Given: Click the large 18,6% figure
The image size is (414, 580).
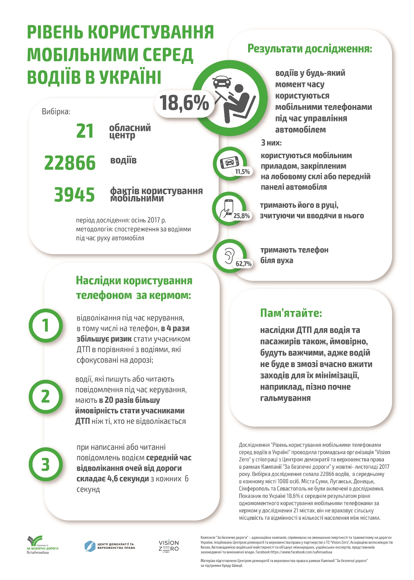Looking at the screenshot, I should pos(184,103).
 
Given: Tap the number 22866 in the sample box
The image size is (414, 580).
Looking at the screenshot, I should pos(70,163).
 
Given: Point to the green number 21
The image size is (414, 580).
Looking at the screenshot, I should pos(85,131).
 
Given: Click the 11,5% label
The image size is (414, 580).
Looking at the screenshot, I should pos(242,172).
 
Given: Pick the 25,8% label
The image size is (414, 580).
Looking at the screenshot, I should pos(241,216).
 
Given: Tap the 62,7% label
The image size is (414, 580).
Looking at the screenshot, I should pos(244,264).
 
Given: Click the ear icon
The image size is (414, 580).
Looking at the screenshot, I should pos(229,256).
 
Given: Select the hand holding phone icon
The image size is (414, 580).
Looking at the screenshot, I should pos(226,208).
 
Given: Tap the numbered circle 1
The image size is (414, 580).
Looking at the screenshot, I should pos(46,325).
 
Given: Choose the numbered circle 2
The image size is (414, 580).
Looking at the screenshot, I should pos(46,396).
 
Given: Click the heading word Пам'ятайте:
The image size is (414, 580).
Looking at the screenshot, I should pos(291,313).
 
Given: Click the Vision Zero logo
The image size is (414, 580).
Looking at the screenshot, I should pos(169,546).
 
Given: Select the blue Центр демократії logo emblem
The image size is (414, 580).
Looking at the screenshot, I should pos(90,546).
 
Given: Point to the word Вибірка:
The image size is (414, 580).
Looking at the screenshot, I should pos(56,112).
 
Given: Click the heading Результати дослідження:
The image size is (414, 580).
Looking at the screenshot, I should pos(310,49).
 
